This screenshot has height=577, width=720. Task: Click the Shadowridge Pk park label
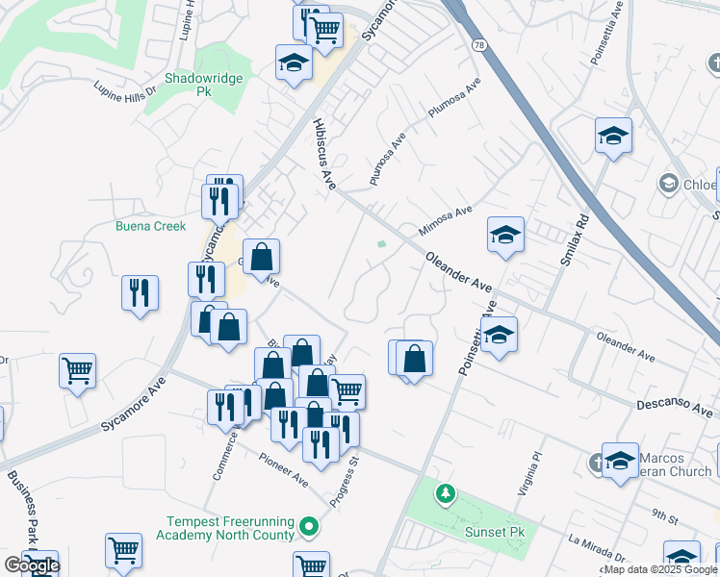[202, 84]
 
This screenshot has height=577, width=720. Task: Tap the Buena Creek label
[150, 227]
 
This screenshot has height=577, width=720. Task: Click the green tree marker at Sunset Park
[445, 494]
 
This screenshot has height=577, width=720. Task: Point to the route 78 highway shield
[478, 45]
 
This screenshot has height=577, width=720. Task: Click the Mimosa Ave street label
[447, 221]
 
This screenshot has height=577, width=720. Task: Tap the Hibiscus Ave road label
[323, 154]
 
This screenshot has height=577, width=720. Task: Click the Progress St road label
[344, 482]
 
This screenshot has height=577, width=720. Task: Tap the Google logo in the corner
[32, 565]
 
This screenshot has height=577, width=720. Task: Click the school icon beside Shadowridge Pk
[294, 63]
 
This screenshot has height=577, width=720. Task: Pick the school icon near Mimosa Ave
[504, 235]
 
